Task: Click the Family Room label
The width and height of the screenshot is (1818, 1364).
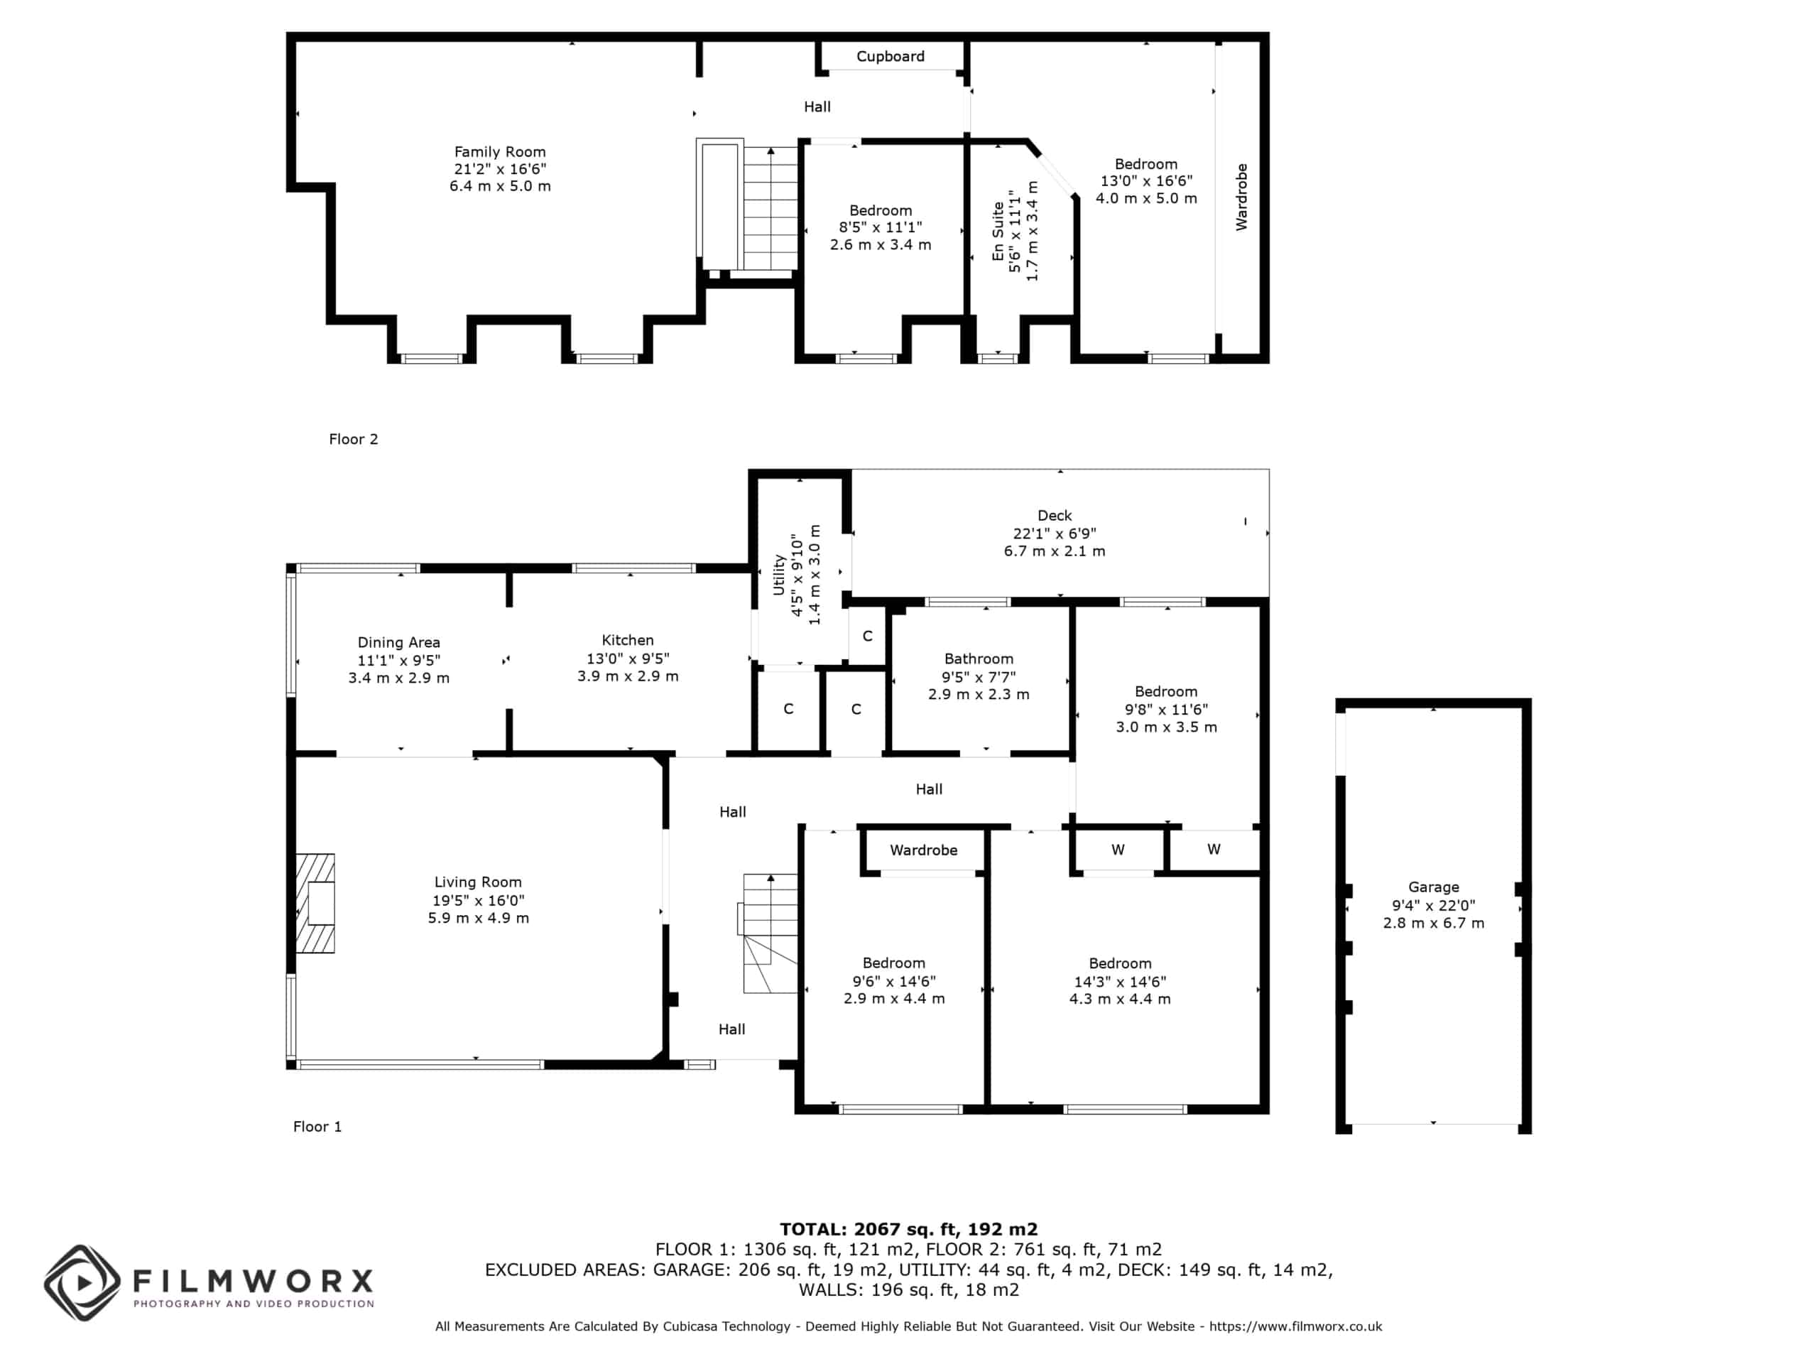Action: point(500,152)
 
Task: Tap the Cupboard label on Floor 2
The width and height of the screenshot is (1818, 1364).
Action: point(890,56)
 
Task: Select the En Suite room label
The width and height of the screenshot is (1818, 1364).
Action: point(998,232)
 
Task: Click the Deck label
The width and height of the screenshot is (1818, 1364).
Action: point(1055,516)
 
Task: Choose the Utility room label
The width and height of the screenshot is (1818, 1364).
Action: point(778,574)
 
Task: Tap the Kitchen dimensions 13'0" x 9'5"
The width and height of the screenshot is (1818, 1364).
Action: point(628,658)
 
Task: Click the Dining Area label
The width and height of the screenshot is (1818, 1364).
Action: point(398,642)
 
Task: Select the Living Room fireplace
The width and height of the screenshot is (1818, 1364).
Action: point(315,903)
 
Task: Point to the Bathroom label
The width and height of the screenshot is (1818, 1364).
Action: point(979,659)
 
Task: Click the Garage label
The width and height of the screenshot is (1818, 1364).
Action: point(1433,887)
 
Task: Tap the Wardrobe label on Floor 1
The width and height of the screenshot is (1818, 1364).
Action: point(924,850)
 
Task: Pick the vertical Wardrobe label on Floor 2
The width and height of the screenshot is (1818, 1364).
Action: point(1241,197)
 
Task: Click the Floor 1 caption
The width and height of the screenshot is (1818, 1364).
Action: point(317,1127)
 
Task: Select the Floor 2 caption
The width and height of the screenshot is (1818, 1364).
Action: point(354,439)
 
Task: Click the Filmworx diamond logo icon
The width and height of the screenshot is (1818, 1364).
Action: point(82,1282)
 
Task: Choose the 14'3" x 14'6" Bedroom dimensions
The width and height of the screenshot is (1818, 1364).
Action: point(1120,981)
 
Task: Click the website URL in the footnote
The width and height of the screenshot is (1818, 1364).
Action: point(1296,1326)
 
